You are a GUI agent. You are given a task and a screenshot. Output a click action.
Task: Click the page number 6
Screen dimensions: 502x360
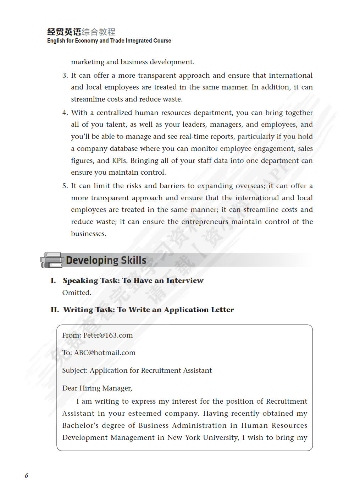26,476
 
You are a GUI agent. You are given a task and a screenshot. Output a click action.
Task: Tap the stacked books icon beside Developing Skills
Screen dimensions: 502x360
51,260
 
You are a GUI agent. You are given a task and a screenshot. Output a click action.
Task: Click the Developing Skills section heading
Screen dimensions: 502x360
106,260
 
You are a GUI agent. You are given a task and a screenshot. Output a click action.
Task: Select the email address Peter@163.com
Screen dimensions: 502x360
108,335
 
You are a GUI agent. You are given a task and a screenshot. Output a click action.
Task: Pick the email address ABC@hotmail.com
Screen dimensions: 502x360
105,353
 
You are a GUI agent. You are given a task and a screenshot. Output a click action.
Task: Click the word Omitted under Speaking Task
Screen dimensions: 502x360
77,293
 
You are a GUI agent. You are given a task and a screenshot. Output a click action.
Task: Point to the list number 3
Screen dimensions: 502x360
65,75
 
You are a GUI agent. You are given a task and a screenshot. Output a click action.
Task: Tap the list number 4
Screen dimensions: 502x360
65,113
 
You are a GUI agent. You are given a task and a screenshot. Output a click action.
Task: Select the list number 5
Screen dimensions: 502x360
65,186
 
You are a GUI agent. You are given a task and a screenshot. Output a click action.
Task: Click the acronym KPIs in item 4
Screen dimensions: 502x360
119,160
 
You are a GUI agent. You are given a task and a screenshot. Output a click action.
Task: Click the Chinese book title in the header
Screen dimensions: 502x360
81,32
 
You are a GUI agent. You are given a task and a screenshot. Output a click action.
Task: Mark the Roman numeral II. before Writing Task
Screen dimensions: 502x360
55,310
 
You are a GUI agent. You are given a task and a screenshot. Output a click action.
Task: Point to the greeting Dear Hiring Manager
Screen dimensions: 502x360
97,388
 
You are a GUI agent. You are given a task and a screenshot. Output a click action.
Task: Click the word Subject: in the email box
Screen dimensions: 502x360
74,370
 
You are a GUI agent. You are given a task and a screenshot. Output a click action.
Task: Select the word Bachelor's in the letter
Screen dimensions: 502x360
80,425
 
